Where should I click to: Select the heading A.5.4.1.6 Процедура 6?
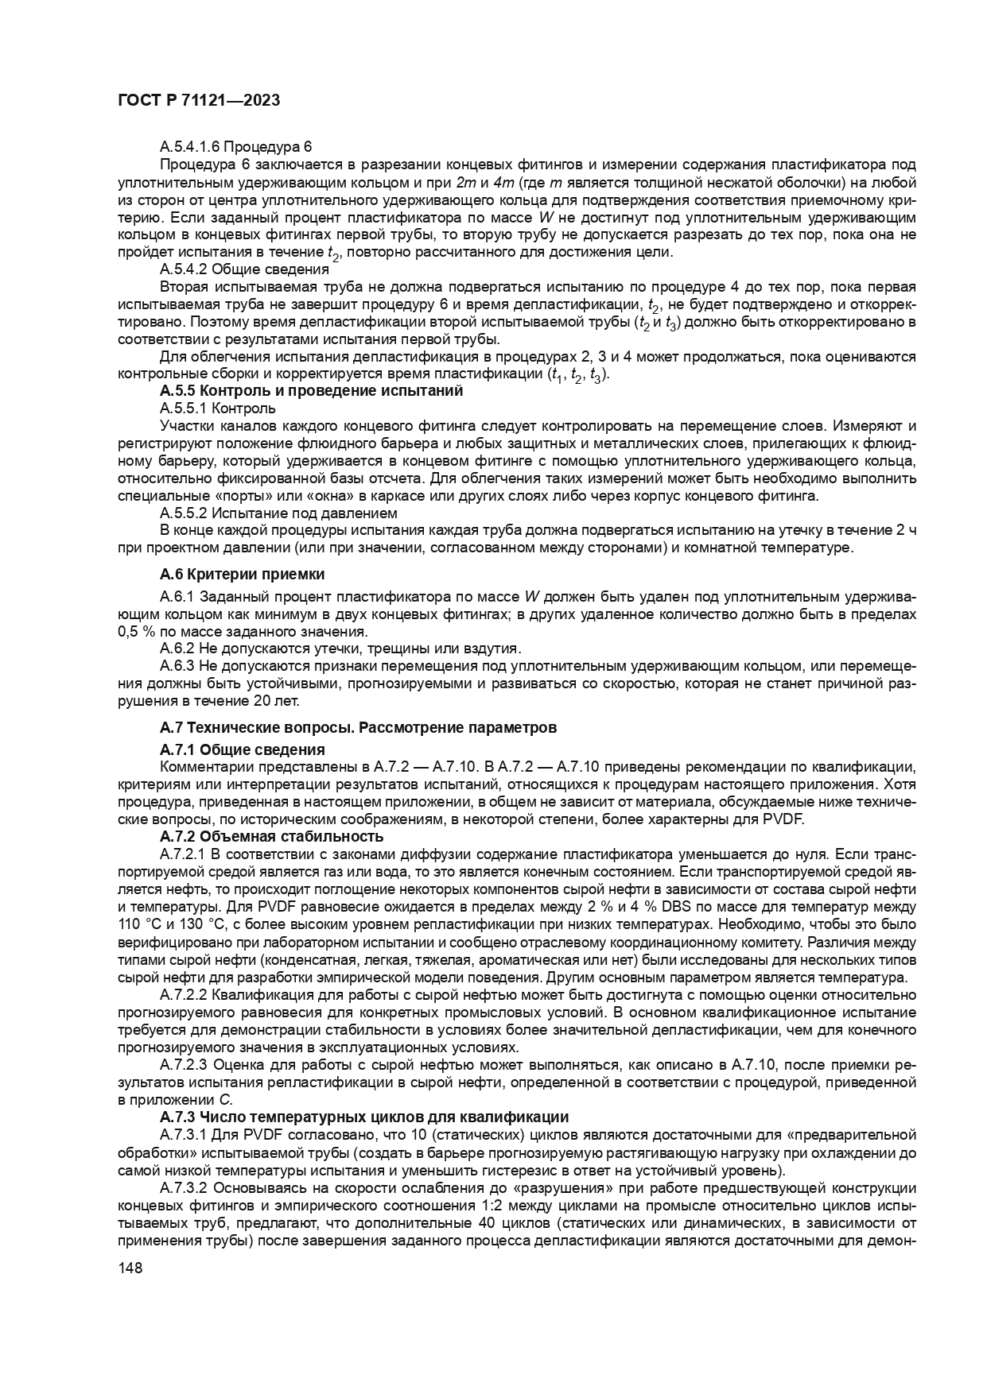pyautogui.click(x=236, y=147)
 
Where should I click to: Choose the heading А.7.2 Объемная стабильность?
pyautogui.click(x=271, y=836)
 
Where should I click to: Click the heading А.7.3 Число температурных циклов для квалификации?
pyautogui.click(x=363, y=1117)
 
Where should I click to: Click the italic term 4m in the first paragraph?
pyautogui.click(x=503, y=182)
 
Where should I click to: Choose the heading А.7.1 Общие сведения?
pyautogui.click(x=242, y=749)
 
